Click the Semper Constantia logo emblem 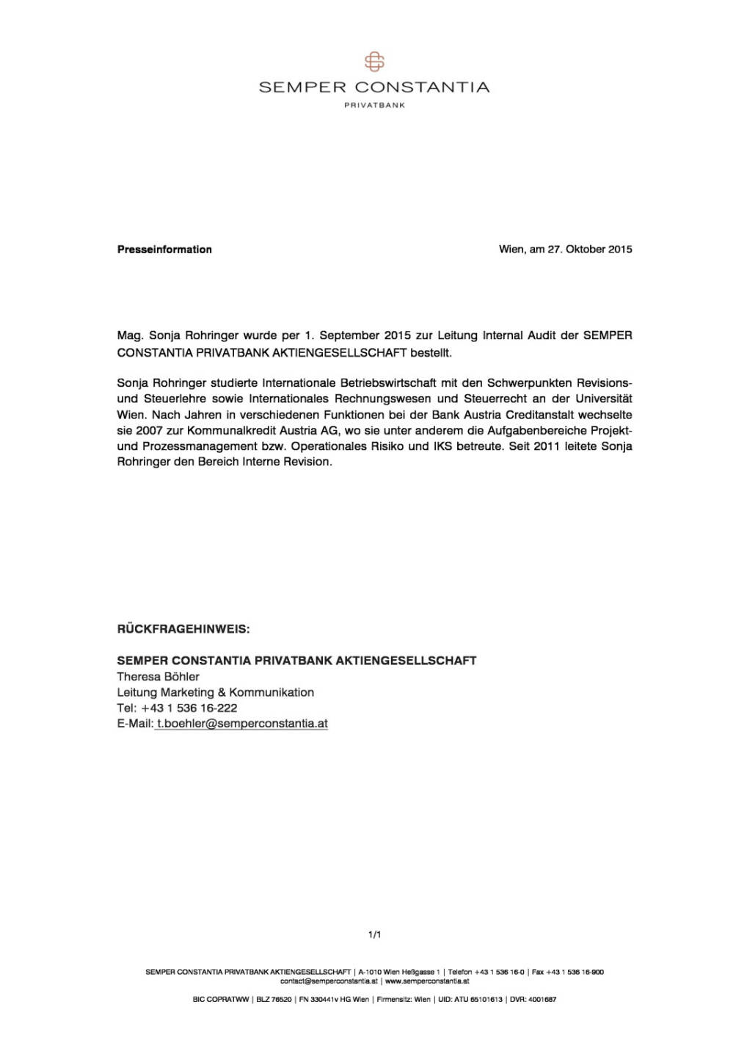pyautogui.click(x=374, y=62)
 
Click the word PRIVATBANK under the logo pyautogui.click(x=374, y=105)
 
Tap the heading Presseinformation pyautogui.click(x=164, y=250)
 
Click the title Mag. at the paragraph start pyautogui.click(x=129, y=335)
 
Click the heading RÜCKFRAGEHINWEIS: pyautogui.click(x=183, y=630)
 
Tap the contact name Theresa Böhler pyautogui.click(x=158, y=677)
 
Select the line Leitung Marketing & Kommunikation pyautogui.click(x=215, y=692)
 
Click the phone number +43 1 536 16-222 pyautogui.click(x=189, y=708)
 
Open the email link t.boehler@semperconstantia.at pyautogui.click(x=242, y=724)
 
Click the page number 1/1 pyautogui.click(x=374, y=935)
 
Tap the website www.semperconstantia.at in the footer pyautogui.click(x=427, y=981)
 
